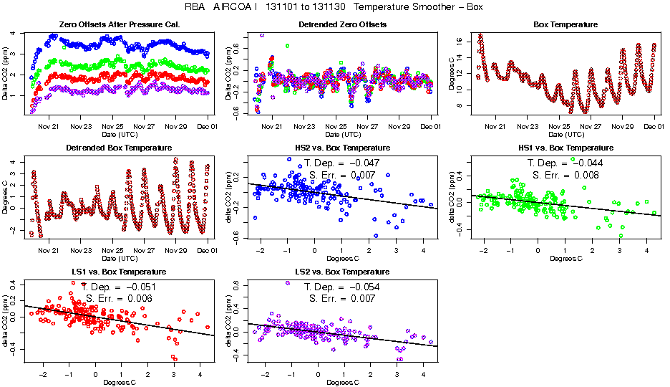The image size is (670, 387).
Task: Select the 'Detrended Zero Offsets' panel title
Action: (342, 24)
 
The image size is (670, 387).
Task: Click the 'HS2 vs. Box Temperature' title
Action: (342, 148)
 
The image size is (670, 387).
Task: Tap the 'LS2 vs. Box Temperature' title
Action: (342, 272)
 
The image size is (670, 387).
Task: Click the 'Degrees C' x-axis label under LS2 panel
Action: (342, 382)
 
